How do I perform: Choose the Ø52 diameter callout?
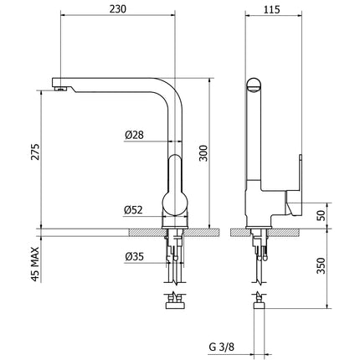[136, 210]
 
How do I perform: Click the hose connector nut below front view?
[173, 301]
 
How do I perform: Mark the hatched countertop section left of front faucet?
[142, 230]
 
